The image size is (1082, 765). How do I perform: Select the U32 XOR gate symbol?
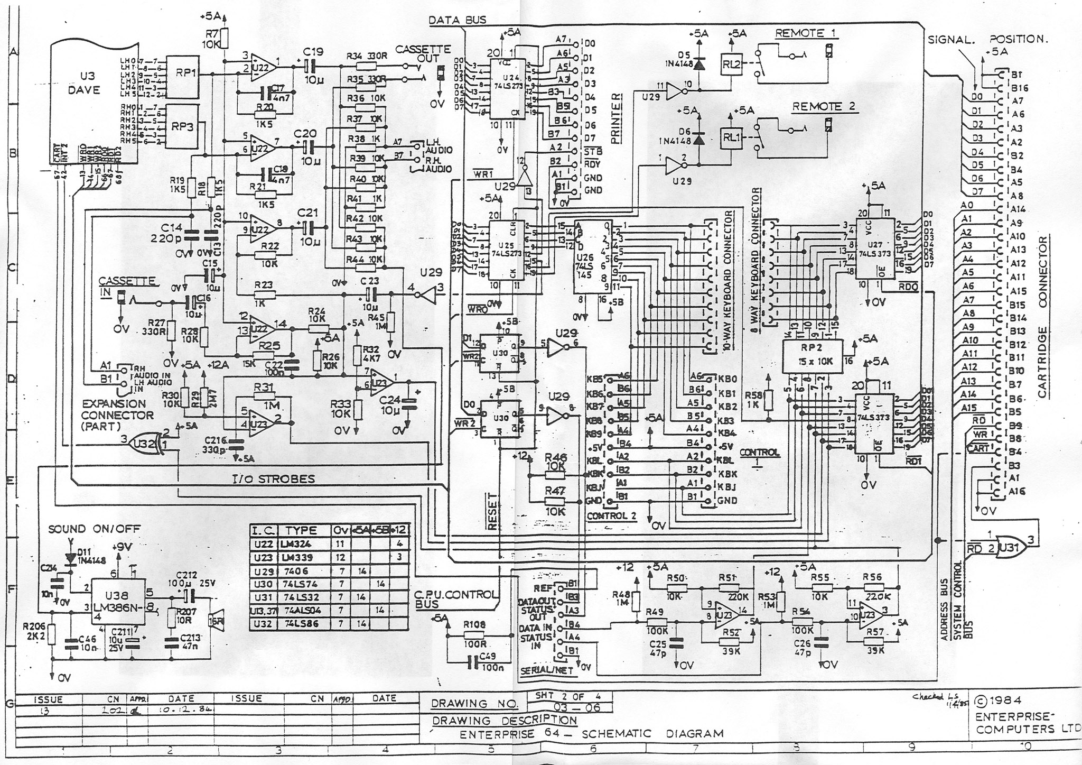(145, 440)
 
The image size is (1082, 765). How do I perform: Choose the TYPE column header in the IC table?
(301, 530)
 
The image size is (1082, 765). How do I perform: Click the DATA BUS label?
(458, 20)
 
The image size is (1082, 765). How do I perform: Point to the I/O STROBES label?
(274, 479)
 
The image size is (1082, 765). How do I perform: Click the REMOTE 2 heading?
(823, 107)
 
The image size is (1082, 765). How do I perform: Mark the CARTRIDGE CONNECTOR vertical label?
(1042, 317)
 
